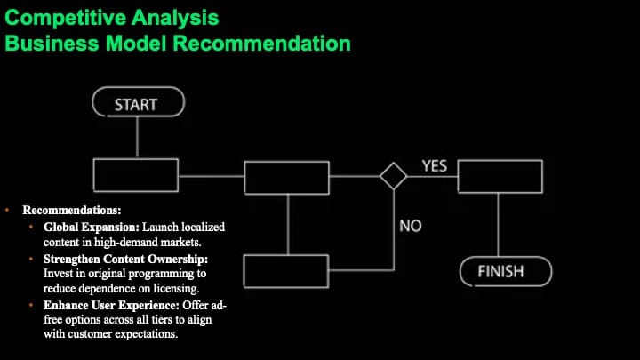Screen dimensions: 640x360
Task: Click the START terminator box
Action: coord(139,102)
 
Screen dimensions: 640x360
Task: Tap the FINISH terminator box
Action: coord(506,271)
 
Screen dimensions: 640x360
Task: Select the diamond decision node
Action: coord(393,176)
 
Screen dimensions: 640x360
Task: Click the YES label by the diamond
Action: coord(435,166)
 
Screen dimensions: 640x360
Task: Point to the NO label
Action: coord(410,226)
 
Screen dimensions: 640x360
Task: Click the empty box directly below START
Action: coord(136,175)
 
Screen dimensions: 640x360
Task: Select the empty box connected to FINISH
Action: coord(500,176)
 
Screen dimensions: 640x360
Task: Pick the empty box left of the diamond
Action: coord(286,178)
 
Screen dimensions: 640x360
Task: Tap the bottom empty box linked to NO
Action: coord(285,271)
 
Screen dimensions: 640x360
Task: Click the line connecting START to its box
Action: coord(137,138)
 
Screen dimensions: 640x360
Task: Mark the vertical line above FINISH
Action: coord(498,225)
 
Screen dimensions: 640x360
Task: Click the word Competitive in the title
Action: coord(65,18)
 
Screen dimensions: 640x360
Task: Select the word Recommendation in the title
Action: coord(261,43)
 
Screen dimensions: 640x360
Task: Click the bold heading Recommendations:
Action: coord(72,210)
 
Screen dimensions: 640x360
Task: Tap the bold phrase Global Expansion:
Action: coord(92,227)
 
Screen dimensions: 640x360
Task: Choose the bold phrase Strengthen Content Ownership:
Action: coord(125,260)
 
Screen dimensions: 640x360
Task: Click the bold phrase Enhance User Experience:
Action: coord(111,305)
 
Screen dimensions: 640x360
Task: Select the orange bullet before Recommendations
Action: coord(7,210)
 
